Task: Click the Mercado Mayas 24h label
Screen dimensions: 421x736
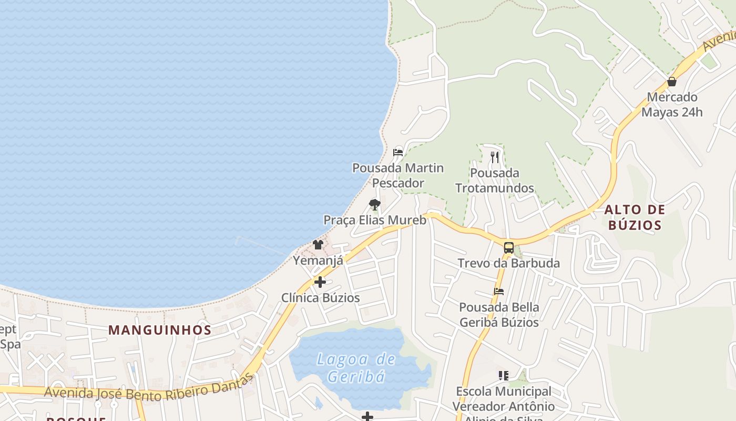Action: (672, 105)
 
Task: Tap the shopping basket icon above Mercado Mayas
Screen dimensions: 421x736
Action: (672, 82)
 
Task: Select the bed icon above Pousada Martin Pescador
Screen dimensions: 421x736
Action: (398, 153)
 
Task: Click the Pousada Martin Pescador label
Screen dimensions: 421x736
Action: (398, 175)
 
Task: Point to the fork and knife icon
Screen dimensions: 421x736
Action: (494, 157)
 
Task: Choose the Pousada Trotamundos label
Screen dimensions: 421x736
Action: (495, 181)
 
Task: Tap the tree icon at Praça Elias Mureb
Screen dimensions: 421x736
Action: (374, 204)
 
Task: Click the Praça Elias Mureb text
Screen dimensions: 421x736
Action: (375, 220)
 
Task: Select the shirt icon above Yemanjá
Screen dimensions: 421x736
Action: (318, 244)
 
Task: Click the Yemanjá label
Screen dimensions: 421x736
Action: (318, 260)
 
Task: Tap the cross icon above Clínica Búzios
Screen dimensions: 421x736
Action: (320, 282)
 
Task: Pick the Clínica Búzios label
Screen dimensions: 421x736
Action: (321, 298)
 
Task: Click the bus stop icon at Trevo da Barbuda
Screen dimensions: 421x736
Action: (508, 247)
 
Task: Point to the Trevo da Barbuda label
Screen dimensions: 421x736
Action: (508, 263)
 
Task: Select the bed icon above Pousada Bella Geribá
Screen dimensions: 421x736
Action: (499, 291)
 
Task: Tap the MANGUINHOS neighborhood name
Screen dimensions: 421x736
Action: (160, 330)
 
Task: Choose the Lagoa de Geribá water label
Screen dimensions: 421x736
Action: (356, 368)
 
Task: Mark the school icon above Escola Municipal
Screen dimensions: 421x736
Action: (504, 376)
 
